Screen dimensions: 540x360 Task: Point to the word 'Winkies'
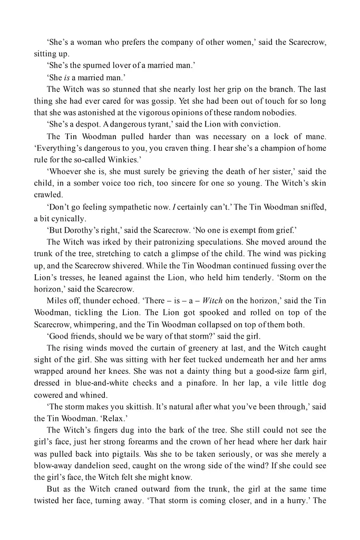point(152,159)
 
